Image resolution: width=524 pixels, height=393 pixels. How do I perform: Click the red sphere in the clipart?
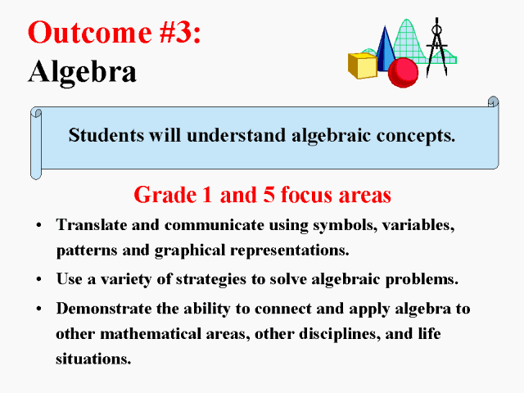[x=403, y=73]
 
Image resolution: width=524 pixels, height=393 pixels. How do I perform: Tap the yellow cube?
[x=363, y=65]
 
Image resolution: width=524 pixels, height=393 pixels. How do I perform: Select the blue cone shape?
[x=386, y=49]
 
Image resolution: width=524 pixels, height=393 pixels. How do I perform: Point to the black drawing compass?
[x=436, y=47]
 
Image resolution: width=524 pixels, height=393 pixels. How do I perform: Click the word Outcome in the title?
[x=89, y=32]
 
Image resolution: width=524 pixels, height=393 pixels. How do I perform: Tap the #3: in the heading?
[x=180, y=32]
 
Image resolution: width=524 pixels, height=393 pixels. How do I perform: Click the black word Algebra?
[x=82, y=71]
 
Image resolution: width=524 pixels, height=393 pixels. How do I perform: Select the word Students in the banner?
[x=106, y=135]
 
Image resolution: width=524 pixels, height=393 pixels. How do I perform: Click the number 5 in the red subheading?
[x=269, y=195]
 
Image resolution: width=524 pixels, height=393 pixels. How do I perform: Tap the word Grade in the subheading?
[x=165, y=195]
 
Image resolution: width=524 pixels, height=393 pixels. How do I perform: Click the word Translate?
[x=91, y=224]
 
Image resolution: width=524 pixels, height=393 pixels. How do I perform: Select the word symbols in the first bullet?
[x=346, y=225]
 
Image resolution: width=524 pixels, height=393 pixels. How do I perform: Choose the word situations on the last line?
[x=93, y=359]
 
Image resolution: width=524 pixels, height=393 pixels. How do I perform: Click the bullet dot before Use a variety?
[x=39, y=279]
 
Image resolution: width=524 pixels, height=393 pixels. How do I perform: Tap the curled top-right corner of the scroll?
[x=493, y=102]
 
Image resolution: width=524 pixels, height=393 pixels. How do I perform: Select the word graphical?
[x=190, y=251]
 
